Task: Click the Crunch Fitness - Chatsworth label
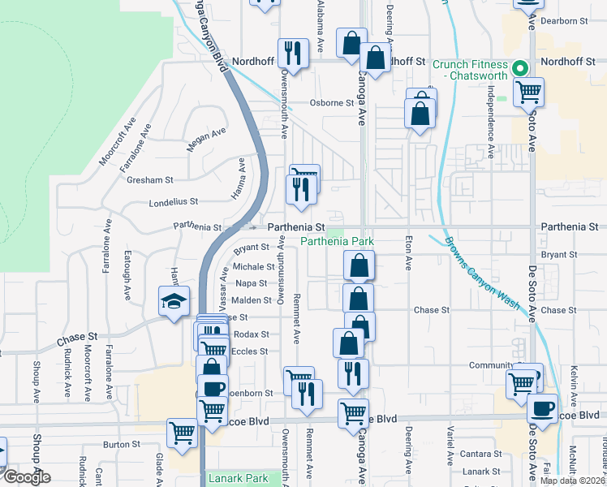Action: (x=470, y=70)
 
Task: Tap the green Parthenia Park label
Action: (x=338, y=242)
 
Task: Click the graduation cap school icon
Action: (x=173, y=302)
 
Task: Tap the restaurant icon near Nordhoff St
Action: (x=293, y=54)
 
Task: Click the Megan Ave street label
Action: (x=200, y=139)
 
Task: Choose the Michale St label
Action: (x=253, y=266)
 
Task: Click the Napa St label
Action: (x=251, y=283)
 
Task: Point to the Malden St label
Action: (x=251, y=300)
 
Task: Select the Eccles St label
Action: (x=251, y=351)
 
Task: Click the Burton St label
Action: (x=123, y=445)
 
